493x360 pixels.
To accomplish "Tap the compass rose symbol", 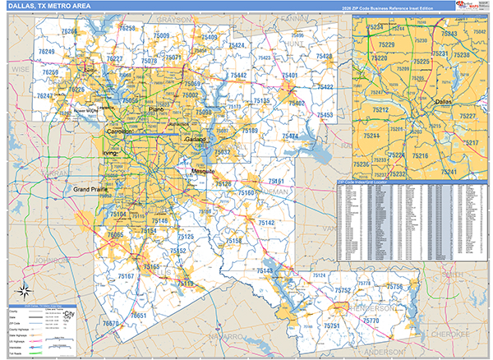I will point(25,289).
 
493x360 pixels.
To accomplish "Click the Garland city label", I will point(195,140).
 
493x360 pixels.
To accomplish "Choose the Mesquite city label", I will point(203,171).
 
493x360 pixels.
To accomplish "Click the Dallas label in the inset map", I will point(444,102).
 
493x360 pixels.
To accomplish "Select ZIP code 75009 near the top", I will point(160,36).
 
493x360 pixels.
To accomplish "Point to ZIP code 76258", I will point(127,29).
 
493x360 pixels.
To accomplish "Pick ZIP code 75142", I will point(266,223).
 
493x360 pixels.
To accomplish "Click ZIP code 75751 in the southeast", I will point(333,326).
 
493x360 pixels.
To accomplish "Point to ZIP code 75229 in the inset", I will point(386,44).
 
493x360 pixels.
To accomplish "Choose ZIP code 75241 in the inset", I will point(449,172).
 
